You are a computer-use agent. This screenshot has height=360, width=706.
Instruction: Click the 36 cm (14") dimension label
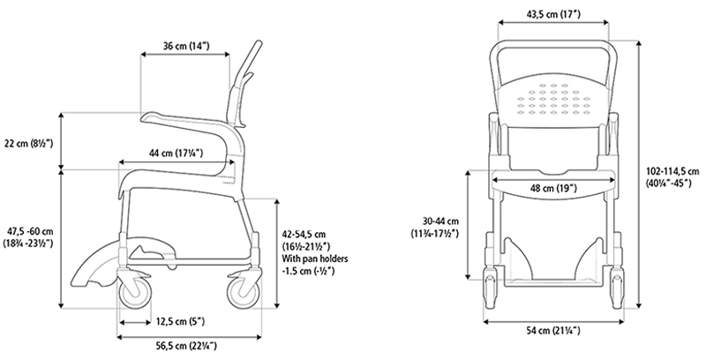pyautogui.click(x=186, y=46)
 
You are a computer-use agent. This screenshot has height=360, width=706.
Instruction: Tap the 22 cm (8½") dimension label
pyautogui.click(x=29, y=144)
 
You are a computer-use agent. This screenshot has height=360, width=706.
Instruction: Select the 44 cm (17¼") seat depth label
pyautogui.click(x=176, y=154)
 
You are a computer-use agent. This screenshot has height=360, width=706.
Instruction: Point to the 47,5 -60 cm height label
pyautogui.click(x=31, y=232)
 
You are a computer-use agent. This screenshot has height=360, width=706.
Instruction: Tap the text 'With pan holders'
pyautogui.click(x=315, y=259)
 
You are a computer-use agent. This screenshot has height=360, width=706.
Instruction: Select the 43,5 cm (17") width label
pyautogui.click(x=553, y=14)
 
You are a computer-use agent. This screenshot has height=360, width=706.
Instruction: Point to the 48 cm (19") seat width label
pyautogui.click(x=553, y=188)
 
